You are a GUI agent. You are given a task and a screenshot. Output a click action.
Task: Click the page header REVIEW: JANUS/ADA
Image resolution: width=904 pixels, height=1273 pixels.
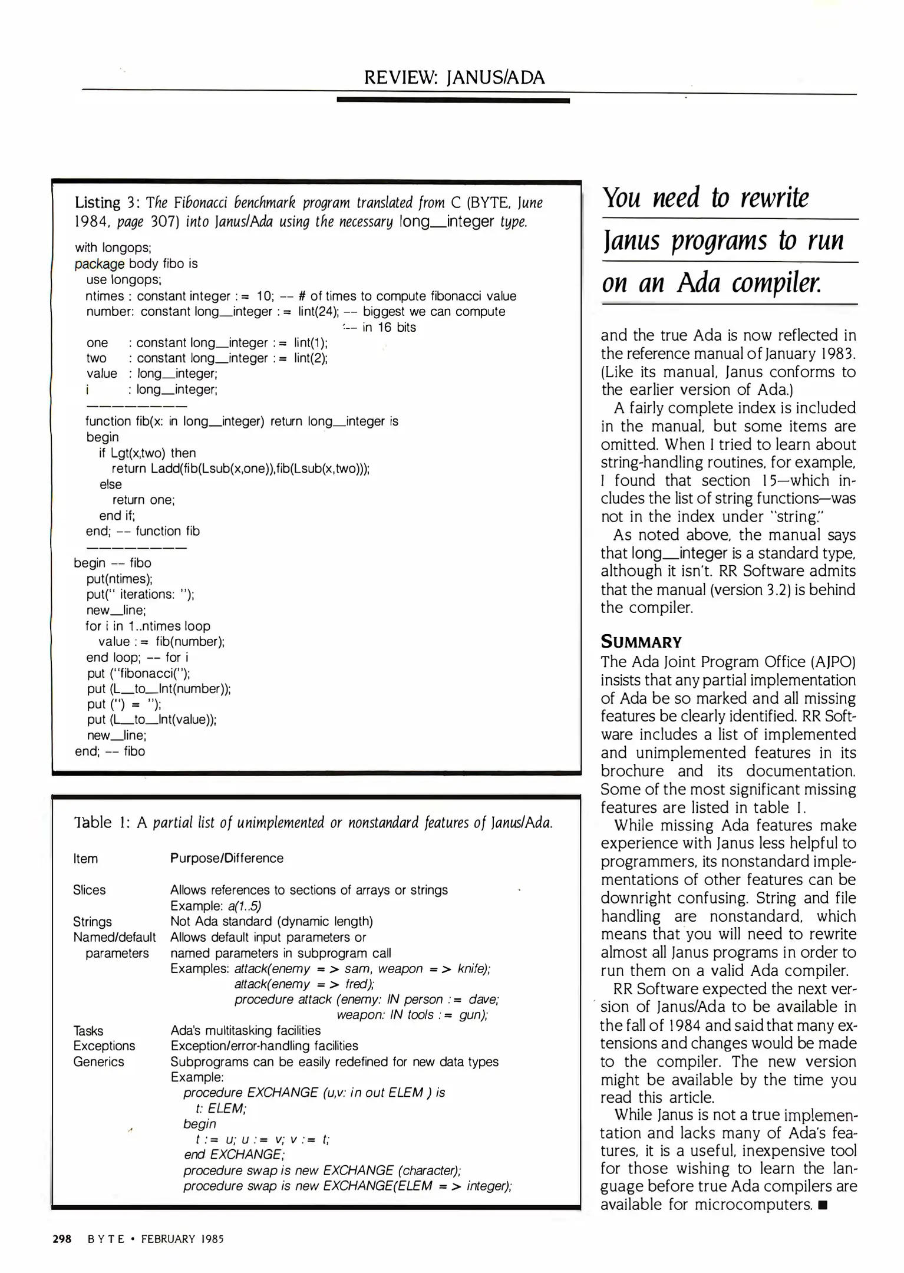pos(454,77)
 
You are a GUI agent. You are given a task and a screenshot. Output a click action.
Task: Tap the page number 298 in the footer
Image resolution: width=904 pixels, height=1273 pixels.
pos(62,1239)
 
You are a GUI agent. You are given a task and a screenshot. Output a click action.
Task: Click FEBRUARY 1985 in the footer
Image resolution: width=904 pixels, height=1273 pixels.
pos(182,1239)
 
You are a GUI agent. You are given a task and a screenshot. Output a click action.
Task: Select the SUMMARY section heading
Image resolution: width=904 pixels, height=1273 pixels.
pos(641,642)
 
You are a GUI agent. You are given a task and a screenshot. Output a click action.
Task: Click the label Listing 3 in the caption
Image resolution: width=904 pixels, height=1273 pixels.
pos(97,203)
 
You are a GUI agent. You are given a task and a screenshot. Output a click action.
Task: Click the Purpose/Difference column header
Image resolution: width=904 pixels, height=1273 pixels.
pos(226,858)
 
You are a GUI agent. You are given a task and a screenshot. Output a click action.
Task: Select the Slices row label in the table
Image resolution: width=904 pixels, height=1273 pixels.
pos(89,890)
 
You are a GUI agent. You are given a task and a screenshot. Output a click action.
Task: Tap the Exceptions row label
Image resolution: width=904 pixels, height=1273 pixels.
pos(104,1046)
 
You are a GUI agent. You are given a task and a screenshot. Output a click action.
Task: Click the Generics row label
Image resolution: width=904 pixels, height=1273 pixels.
pos(98,1061)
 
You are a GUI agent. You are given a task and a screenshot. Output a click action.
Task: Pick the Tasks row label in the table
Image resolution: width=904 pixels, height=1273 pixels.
pos(88,1030)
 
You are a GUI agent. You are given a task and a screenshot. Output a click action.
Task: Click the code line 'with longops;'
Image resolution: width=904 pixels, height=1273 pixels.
pos(113,248)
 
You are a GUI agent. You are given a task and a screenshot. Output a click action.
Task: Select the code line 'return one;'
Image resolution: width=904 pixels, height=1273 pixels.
pos(143,500)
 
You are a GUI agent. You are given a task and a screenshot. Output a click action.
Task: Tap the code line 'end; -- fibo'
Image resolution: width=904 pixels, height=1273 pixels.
pos(110,751)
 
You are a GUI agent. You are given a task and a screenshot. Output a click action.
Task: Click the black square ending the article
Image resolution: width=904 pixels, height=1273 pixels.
pos(823,1205)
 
